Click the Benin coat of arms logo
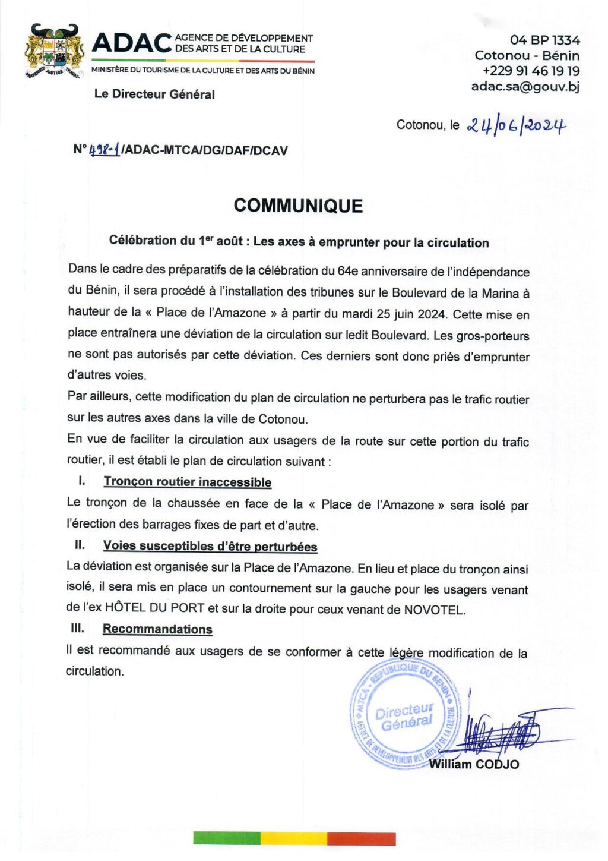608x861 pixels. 54,52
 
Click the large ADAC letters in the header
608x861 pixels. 131,43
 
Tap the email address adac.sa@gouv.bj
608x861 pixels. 525,86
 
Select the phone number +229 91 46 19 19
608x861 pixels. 531,71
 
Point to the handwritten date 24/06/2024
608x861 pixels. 515,125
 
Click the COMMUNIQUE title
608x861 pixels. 298,206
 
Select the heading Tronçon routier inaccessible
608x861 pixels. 188,482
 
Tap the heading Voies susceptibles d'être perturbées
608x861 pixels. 210,546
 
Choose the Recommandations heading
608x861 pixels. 157,629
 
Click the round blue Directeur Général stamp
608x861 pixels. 404,716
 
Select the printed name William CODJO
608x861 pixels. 474,764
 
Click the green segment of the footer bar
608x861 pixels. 227,838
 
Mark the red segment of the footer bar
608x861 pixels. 361,838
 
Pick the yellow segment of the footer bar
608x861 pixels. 294,838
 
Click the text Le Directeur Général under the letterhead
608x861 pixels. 154,94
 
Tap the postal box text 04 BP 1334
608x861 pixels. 544,40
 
